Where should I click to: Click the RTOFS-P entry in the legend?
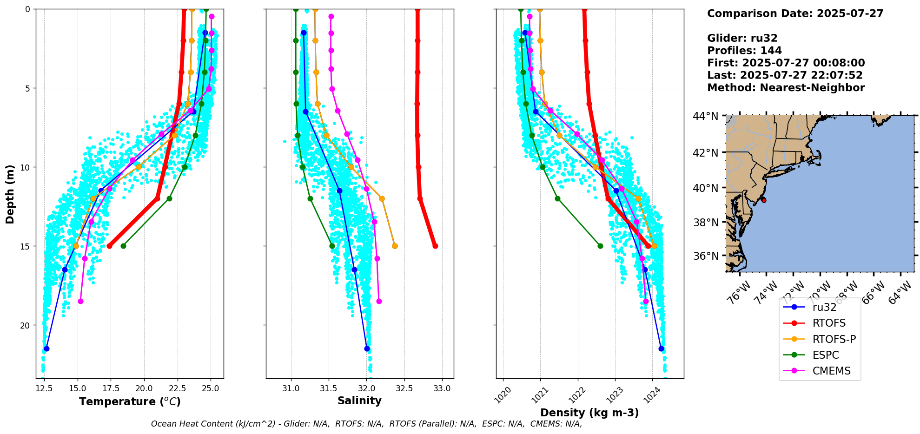point(834,339)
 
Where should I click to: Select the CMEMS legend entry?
point(831,371)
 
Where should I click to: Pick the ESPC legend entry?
point(826,355)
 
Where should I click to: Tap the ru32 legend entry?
point(824,307)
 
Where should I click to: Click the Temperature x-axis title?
point(130,401)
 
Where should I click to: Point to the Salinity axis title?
point(359,401)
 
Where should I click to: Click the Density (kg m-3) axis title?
point(589,413)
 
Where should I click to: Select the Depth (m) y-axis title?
point(10,194)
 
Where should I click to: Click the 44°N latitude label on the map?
point(705,116)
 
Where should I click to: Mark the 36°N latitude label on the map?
point(706,256)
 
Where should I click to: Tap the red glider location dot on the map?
point(763,200)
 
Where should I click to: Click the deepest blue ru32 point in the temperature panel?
point(46,349)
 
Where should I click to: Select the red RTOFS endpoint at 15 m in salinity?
point(435,246)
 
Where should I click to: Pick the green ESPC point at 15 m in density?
point(600,246)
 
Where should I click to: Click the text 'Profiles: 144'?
point(744,51)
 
